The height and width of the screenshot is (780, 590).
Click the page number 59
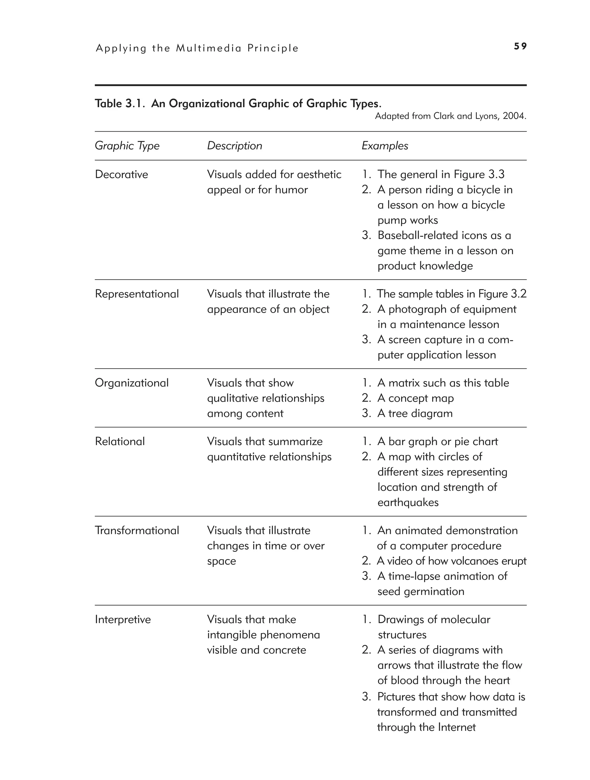tap(520, 46)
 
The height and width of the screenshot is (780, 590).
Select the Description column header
tap(235, 146)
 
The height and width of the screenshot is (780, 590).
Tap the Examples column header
tap(385, 146)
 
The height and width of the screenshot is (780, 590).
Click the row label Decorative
tap(121, 174)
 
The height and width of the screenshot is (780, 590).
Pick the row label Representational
tap(137, 294)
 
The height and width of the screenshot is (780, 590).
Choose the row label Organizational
tap(131, 383)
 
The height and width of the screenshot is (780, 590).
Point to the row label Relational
tap(120, 441)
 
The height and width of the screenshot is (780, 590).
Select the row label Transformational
tap(137, 530)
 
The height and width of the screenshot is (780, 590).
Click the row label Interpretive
tap(123, 619)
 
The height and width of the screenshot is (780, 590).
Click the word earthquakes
tap(408, 502)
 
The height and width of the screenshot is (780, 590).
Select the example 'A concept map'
tap(415, 398)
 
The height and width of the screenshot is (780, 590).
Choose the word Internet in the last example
tap(456, 727)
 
